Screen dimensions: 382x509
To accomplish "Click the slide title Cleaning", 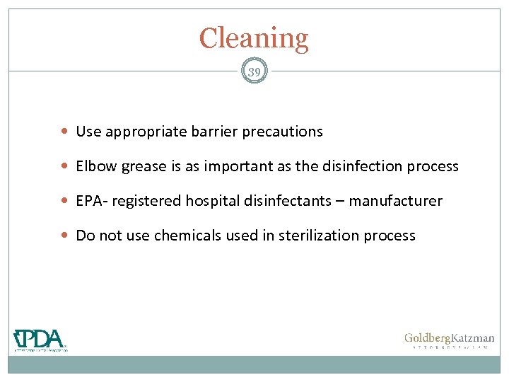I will pos(254,38).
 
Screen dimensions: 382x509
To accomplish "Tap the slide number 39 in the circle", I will pos(254,71).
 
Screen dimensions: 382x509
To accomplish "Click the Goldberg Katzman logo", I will pos(449,340).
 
